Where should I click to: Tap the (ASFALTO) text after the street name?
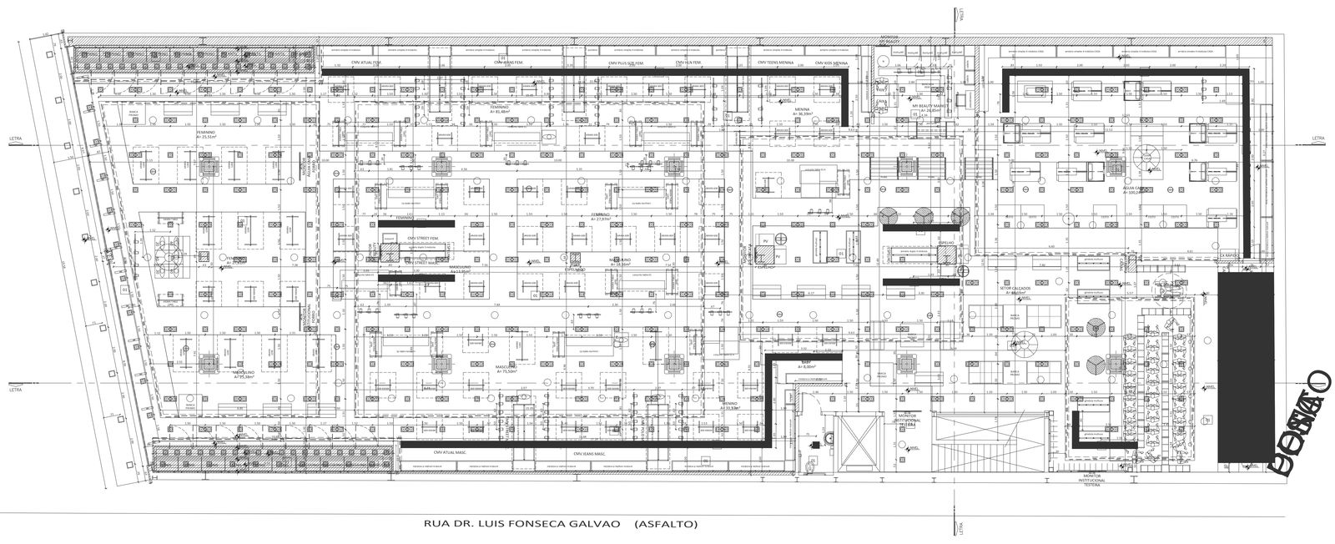click(x=666, y=524)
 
